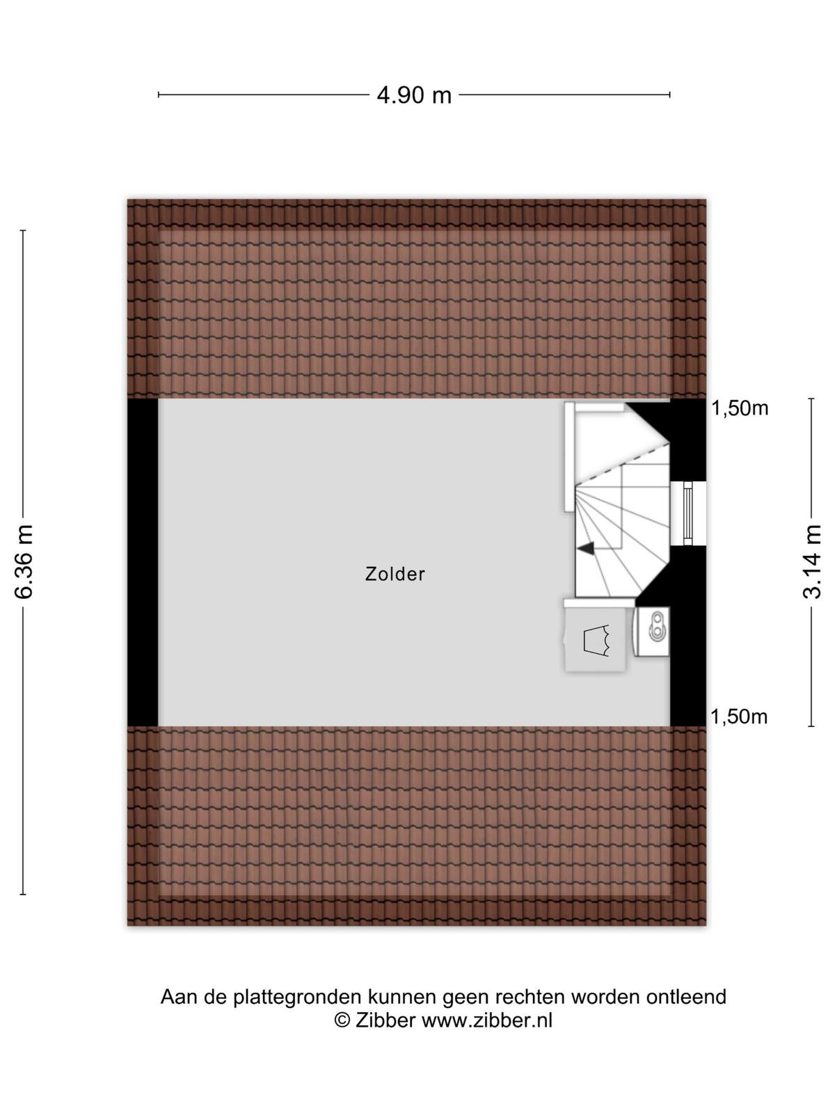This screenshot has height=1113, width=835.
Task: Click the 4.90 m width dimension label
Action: coord(414,95)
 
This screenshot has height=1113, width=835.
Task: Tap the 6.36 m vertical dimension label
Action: coord(24,562)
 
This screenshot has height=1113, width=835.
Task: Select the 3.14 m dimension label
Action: coord(811,562)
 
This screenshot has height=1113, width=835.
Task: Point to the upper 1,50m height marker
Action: coord(740,408)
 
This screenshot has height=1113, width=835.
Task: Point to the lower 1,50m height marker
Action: coord(739,716)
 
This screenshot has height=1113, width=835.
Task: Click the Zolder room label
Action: coord(395,574)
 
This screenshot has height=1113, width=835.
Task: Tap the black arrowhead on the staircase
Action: coord(586,547)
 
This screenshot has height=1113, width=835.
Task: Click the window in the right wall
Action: coord(688,513)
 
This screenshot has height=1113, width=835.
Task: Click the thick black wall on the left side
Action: coord(143,562)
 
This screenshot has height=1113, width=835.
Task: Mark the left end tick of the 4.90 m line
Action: coord(159,95)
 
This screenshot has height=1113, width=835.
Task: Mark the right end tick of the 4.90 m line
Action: coord(669,95)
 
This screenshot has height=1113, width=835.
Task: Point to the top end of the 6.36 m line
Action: coord(23,230)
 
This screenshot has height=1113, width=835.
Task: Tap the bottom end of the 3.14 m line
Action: coord(811,726)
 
